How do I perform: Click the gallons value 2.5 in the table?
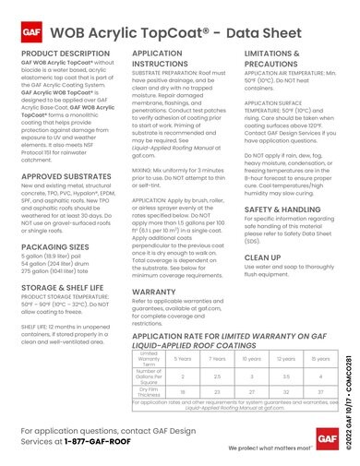pos(218,375)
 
